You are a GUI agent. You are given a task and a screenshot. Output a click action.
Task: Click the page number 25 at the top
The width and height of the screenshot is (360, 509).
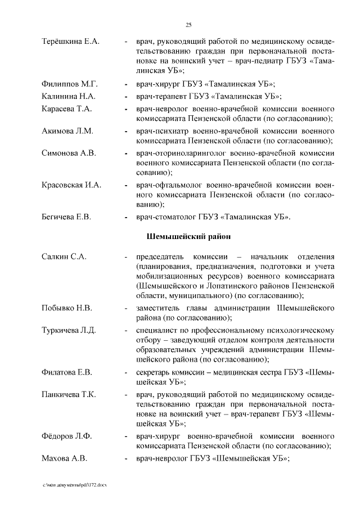189,24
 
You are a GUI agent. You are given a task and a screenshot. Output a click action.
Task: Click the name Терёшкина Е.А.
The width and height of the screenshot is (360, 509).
71,42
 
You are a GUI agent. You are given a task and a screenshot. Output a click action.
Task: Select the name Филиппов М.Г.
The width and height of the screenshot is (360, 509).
70,84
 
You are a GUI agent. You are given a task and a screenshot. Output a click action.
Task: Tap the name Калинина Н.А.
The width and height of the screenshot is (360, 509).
69,96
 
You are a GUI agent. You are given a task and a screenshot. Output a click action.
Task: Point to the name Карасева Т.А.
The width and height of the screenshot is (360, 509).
67,109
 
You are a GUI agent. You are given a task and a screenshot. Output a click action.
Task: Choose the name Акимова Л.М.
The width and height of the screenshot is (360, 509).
67,131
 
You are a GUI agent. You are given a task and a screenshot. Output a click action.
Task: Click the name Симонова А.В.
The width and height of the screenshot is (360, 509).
69,153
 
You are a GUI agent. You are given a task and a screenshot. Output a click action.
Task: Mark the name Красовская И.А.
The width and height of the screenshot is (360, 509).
72,184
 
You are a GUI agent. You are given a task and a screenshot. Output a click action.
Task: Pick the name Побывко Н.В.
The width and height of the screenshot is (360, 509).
67,308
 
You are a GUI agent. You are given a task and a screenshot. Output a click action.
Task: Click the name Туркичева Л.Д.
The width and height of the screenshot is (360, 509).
69,330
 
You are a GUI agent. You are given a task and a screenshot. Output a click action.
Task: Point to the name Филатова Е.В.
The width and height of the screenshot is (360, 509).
67,372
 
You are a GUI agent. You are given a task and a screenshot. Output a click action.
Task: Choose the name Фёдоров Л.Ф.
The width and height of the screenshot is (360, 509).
66,436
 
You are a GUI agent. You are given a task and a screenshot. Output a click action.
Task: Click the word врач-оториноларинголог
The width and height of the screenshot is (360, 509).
179,153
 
